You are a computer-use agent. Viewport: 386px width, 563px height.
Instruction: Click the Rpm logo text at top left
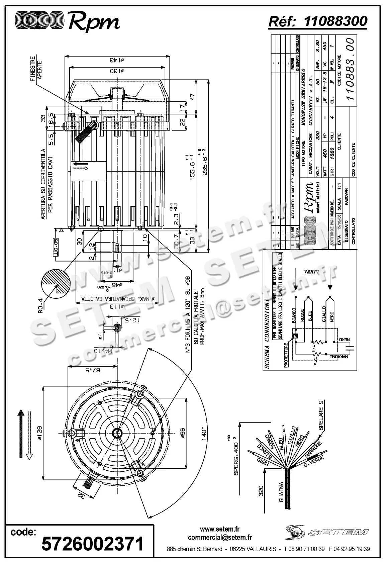(94, 22)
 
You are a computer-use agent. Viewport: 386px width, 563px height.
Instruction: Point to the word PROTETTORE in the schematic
(286, 355)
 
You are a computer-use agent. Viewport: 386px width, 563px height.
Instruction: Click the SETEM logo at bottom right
(328, 532)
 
